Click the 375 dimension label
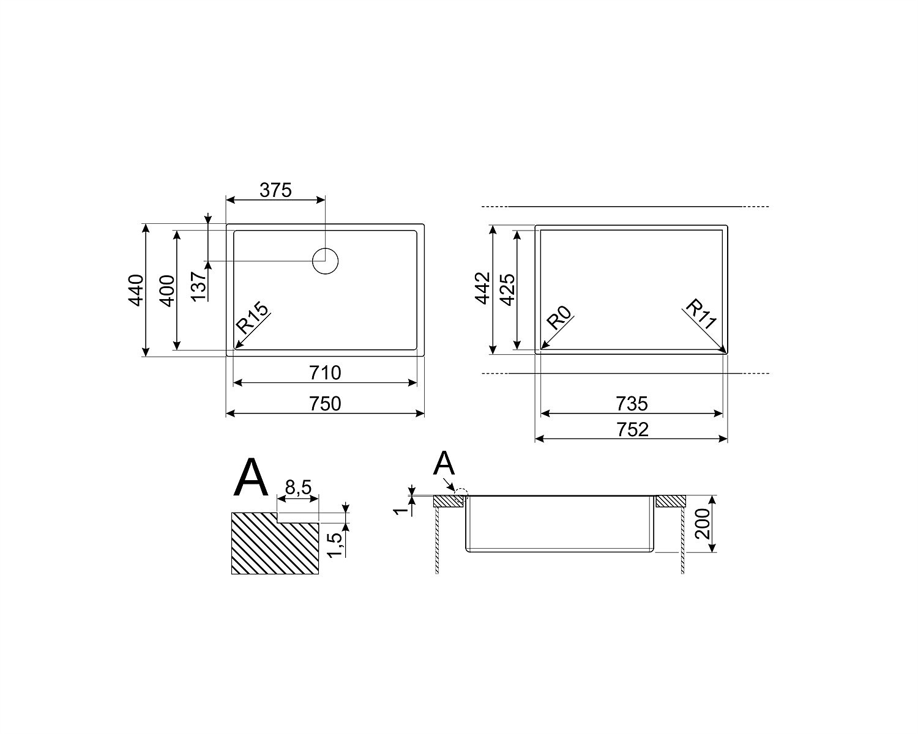click(275, 190)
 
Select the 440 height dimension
click(136, 290)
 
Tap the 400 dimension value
click(167, 291)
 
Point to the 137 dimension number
click(199, 286)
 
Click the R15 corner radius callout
click(253, 317)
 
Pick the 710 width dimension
click(325, 373)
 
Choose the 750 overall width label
click(325, 404)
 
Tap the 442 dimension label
click(483, 288)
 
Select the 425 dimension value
click(507, 289)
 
